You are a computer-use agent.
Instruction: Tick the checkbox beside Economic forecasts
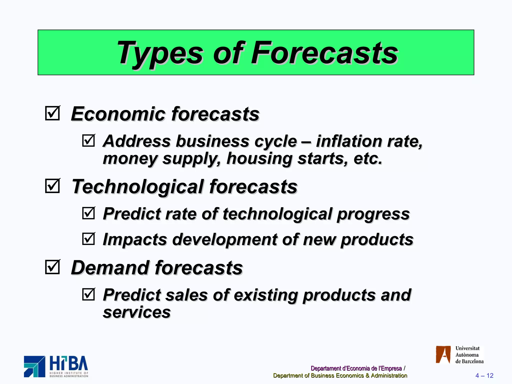pyautogui.click(x=52, y=113)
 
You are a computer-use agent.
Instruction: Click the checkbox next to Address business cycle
pyautogui.click(x=88, y=140)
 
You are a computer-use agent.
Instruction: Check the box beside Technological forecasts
pyautogui.click(x=52, y=186)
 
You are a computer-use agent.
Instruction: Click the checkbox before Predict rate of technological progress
pyautogui.click(x=88, y=213)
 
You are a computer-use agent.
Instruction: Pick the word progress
pyautogui.click(x=373, y=214)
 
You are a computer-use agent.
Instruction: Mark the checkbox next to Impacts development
pyautogui.click(x=88, y=239)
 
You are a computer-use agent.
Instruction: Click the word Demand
pyautogui.click(x=110, y=268)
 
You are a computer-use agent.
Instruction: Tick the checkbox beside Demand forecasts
pyautogui.click(x=52, y=267)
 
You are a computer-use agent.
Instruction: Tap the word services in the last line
pyautogui.click(x=137, y=312)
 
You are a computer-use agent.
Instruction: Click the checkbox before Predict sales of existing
pyautogui.click(x=88, y=294)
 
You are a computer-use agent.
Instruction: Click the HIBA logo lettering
pyautogui.click(x=69, y=363)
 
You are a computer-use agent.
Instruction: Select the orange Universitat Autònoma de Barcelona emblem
pyautogui.click(x=443, y=354)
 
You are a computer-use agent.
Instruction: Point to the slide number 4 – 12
pyautogui.click(x=484, y=375)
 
